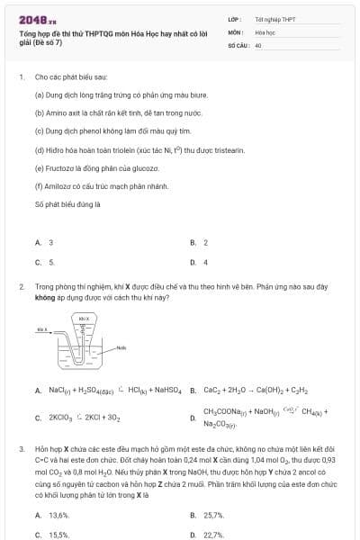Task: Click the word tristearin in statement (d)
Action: pyautogui.click(x=200, y=149)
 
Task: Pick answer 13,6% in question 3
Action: pyautogui.click(x=58, y=515)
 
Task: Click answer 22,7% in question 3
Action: pyautogui.click(x=213, y=535)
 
